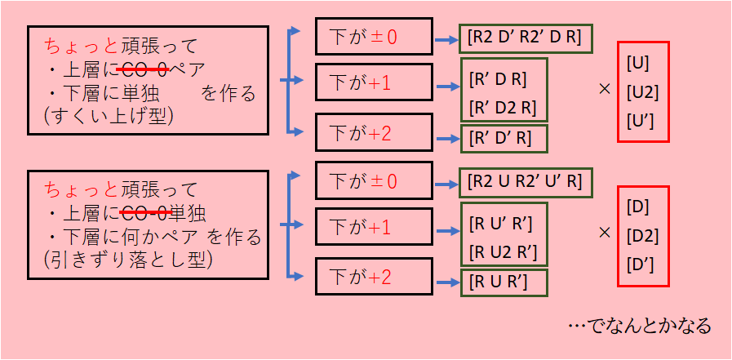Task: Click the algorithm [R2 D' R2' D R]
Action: point(526,38)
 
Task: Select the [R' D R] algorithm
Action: point(499,79)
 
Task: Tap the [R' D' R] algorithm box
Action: point(500,139)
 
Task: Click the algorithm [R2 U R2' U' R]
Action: point(526,180)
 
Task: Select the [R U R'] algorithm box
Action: point(499,282)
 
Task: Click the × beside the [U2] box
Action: point(604,88)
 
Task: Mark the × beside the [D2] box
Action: point(604,232)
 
